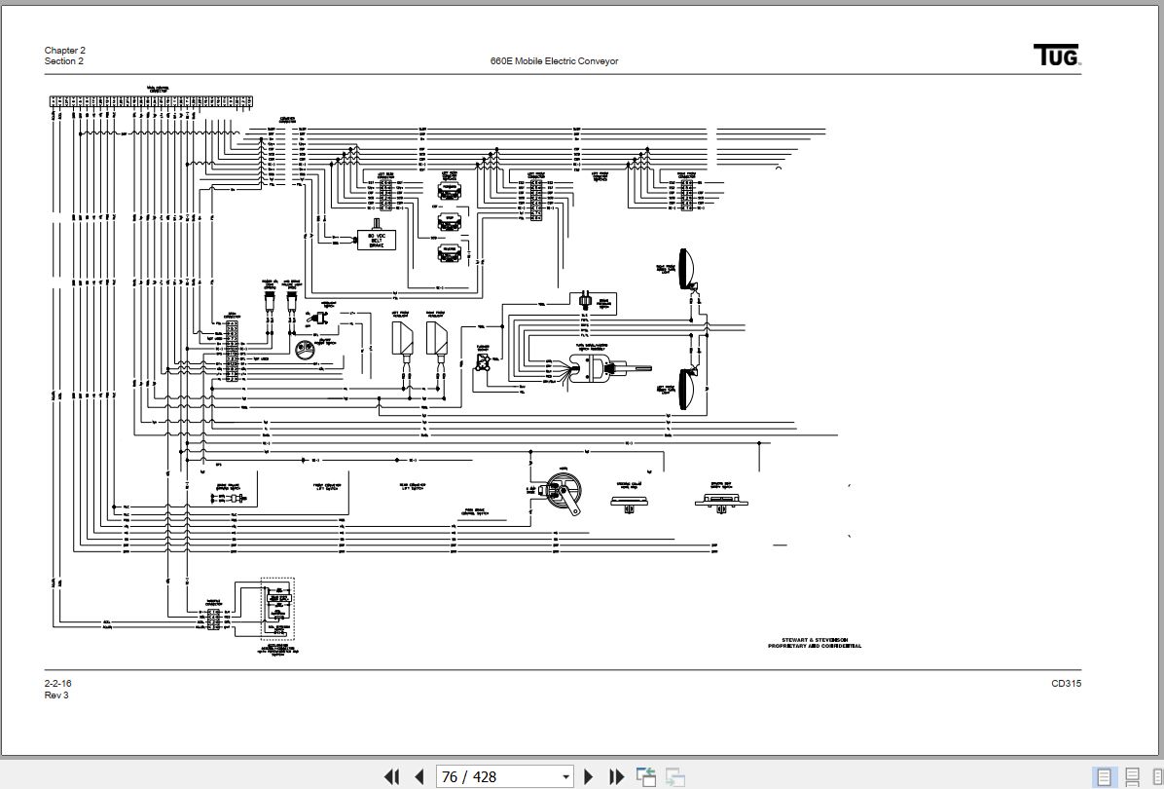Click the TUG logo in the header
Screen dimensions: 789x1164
click(x=1057, y=56)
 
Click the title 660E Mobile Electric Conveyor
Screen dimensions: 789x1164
click(x=554, y=61)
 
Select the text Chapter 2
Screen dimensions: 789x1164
click(x=65, y=51)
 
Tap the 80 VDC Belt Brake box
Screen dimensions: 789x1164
click(x=376, y=239)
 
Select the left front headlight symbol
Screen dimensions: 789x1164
click(x=402, y=339)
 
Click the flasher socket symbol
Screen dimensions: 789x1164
click(x=482, y=363)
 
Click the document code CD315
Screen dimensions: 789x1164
click(x=1066, y=684)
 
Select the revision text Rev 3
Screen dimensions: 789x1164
click(x=56, y=695)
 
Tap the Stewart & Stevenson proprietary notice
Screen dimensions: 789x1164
click(x=814, y=643)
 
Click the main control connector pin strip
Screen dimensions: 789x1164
click(x=152, y=99)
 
